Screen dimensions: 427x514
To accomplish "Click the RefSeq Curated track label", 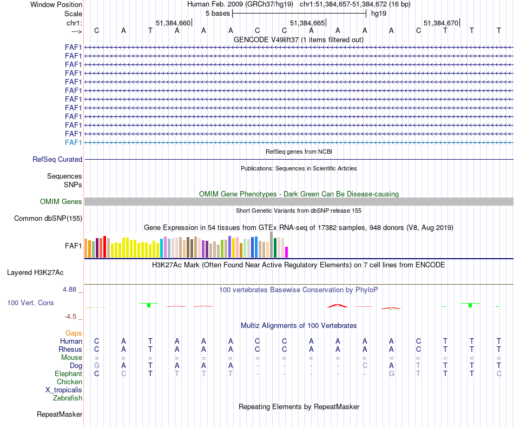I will (57, 160).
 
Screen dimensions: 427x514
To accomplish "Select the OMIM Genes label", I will (61, 202).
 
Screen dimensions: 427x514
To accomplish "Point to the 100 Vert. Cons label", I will (30, 303).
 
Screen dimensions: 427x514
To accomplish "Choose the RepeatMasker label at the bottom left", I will (60, 415).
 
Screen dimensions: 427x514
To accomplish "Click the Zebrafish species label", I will (68, 398).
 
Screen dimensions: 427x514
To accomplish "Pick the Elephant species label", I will (68, 374).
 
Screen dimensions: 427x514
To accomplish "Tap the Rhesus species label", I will (70, 350).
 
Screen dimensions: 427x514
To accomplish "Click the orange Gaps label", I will (74, 333).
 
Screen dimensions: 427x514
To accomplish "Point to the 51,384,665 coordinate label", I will (307, 23).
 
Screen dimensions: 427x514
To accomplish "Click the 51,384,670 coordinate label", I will (441, 23).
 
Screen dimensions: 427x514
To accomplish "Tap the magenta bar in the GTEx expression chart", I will (287, 252).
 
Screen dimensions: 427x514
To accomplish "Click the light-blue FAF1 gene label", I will (74, 142).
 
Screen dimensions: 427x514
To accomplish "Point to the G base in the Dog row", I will (97, 366).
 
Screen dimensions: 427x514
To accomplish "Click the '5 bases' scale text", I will (218, 13).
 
